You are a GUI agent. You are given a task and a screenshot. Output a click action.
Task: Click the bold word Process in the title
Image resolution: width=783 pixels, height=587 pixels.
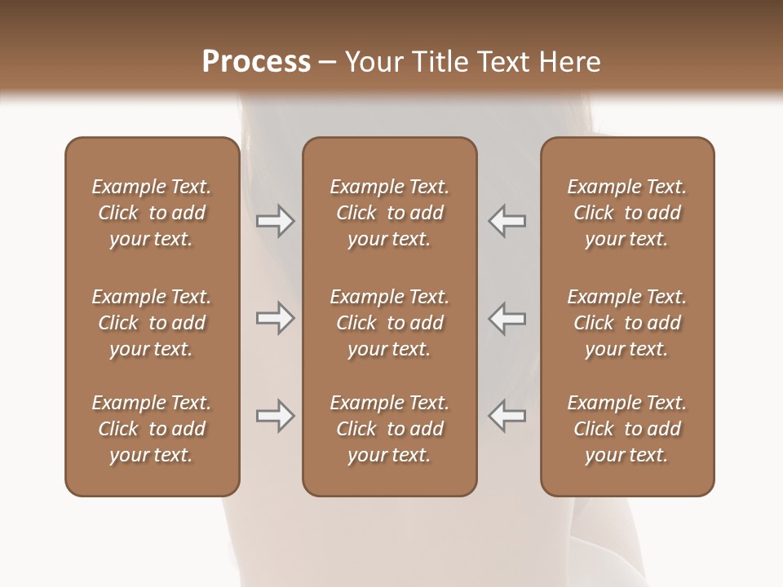tap(256, 62)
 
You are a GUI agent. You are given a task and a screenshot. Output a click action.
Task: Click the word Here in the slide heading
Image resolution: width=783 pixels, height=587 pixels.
tap(570, 62)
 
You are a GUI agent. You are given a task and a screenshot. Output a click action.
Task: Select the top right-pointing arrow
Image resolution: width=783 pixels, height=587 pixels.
tap(275, 221)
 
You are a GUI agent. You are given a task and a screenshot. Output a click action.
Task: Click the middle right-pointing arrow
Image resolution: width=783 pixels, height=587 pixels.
tap(275, 318)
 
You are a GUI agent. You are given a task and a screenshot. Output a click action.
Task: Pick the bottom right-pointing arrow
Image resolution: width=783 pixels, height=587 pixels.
tap(275, 416)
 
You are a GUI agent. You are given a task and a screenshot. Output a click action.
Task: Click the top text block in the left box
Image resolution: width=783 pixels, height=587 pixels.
tap(152, 213)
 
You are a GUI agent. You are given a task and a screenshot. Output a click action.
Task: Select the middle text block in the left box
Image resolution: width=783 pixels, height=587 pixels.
tap(152, 323)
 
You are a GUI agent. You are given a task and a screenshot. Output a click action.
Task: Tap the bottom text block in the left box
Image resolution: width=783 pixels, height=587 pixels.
tap(152, 429)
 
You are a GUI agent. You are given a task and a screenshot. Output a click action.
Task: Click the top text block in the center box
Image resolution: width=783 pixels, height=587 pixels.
tap(389, 213)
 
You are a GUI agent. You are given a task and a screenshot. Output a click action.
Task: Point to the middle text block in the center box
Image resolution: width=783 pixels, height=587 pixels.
tap(389, 323)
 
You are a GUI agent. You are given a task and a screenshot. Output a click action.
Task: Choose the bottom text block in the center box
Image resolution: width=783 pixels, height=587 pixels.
tap(389, 429)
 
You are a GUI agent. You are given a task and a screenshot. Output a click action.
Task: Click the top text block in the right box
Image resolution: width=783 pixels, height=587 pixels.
tap(626, 213)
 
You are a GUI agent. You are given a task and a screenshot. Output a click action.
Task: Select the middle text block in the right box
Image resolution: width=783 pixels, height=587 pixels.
tap(626, 323)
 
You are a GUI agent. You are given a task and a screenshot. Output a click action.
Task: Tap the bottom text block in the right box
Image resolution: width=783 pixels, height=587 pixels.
tap(626, 429)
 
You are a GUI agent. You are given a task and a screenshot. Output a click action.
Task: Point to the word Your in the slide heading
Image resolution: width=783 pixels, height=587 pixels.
tap(375, 62)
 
